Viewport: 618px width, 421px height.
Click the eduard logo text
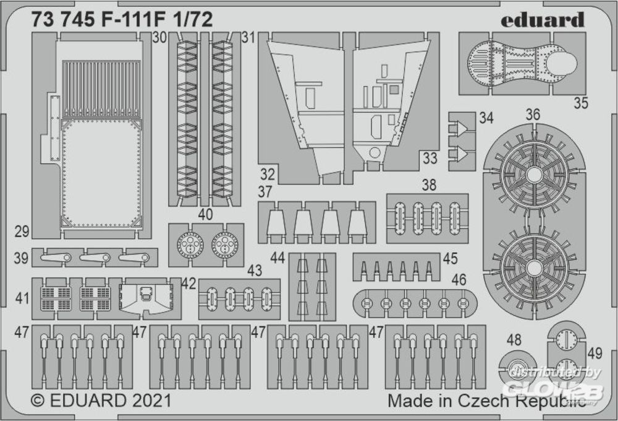(x=543, y=20)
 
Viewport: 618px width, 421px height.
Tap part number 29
(x=22, y=232)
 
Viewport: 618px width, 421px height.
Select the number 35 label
(x=581, y=103)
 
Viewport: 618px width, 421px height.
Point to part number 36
(x=533, y=115)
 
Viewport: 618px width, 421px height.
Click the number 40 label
(x=205, y=214)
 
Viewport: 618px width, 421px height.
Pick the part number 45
(x=450, y=259)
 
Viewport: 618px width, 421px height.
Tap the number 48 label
(x=514, y=339)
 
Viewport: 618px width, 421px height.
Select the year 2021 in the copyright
(x=152, y=401)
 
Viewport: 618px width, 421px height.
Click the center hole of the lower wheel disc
(x=533, y=268)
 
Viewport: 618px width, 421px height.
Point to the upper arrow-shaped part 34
(x=460, y=128)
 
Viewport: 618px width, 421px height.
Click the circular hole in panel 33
(x=375, y=152)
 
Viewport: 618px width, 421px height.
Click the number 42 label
(x=188, y=284)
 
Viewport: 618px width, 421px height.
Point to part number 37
(x=265, y=191)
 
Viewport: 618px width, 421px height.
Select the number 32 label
(x=267, y=174)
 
